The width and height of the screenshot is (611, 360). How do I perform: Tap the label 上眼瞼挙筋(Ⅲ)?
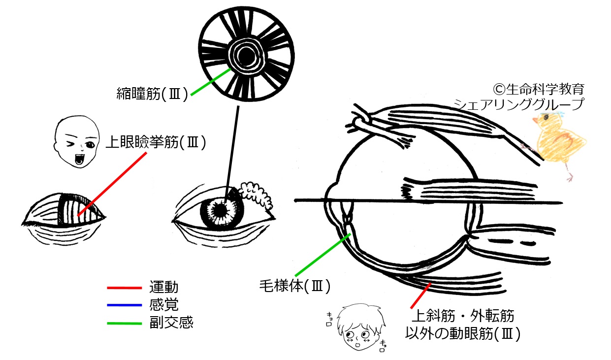[156, 143]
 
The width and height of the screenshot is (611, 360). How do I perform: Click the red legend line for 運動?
[125, 287]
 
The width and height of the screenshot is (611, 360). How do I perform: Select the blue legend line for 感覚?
[125, 305]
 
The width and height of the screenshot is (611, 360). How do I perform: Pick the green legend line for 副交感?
[125, 323]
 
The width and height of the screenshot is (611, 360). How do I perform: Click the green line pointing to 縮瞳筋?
[211, 82]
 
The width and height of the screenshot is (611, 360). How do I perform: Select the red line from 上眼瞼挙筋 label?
[112, 184]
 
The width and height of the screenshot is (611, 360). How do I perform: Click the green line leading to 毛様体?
[323, 254]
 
